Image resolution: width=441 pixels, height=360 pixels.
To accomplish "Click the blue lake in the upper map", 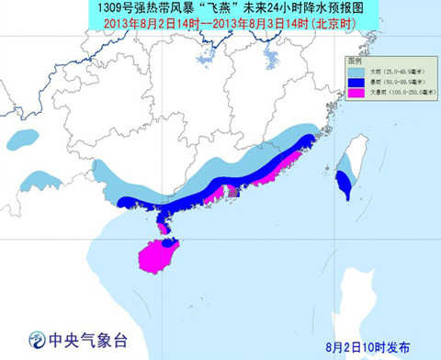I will [271, 62].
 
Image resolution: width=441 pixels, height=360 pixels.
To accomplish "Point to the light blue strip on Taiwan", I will [343, 165].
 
